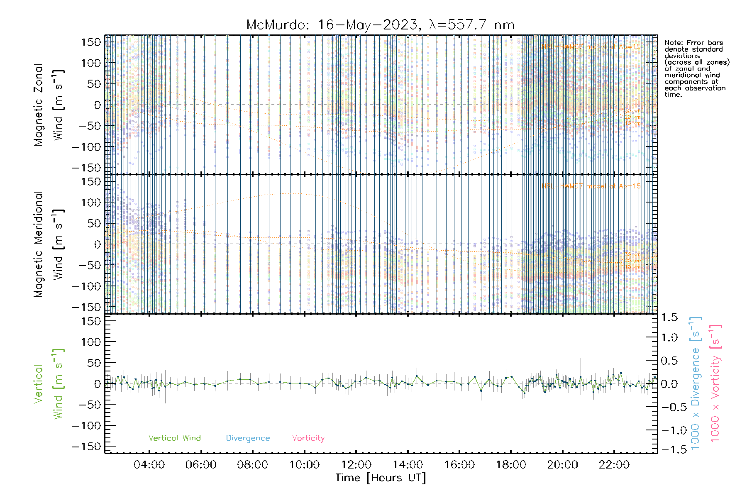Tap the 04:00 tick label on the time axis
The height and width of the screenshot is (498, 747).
click(x=149, y=465)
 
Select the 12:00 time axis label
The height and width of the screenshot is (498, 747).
click(x=356, y=465)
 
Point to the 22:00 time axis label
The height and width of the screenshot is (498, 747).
click(x=614, y=465)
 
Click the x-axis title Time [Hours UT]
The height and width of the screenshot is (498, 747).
click(x=381, y=478)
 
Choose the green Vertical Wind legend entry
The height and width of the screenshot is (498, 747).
click(x=174, y=438)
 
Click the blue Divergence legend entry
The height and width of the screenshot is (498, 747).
click(x=248, y=438)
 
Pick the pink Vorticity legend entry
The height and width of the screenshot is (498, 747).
click(x=308, y=438)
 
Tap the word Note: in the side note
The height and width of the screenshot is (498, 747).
click(x=674, y=43)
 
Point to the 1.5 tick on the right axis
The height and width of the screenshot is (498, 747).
click(x=669, y=317)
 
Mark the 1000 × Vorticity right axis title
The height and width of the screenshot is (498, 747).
click(x=715, y=383)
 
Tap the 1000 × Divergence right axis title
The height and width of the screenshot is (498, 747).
click(x=696, y=383)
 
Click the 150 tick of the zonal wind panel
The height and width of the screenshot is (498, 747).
click(x=91, y=42)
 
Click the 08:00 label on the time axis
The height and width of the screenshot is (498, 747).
click(x=252, y=465)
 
